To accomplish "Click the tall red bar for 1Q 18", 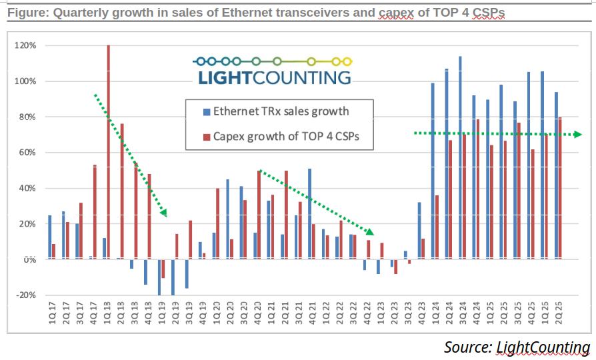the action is click(x=108, y=152).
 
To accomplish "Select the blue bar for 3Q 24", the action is click(x=460, y=158).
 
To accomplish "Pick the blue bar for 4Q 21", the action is click(x=310, y=214).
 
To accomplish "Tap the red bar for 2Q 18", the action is click(x=122, y=191).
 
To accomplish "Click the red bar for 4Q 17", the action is click(x=95, y=212).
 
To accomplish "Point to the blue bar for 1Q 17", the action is click(x=50, y=237).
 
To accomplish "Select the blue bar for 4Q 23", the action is click(x=419, y=231).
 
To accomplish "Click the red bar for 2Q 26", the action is click(x=559, y=188).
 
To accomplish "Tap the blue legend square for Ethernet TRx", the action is click(x=207, y=112).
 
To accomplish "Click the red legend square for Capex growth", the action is click(x=207, y=137).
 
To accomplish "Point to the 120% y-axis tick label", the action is click(x=25, y=45).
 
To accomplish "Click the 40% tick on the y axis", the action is click(x=28, y=188).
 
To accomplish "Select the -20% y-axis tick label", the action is click(x=26, y=295).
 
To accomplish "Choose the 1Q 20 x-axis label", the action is click(x=217, y=313).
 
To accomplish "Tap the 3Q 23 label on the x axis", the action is click(x=408, y=313).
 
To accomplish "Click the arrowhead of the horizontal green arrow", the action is click(x=578, y=134).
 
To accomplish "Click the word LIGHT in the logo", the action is click(x=225, y=77).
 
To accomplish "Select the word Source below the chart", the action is click(x=468, y=347).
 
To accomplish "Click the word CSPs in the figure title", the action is click(x=489, y=13).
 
